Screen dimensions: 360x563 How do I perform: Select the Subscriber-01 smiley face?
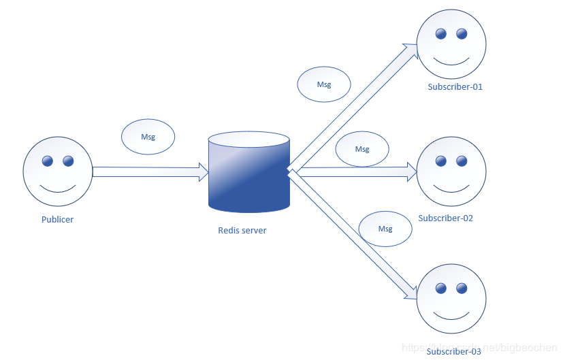coord(451,44)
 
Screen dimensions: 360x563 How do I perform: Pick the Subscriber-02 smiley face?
coord(451,171)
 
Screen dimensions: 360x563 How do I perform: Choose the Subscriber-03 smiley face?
coord(451,298)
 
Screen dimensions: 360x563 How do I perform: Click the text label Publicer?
coord(57,220)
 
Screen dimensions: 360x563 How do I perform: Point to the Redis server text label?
coord(242,231)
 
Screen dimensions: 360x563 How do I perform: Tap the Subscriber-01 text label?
coord(455,87)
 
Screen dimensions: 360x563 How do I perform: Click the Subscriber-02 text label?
coord(446,218)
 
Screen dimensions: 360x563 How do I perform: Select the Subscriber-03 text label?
coord(454,351)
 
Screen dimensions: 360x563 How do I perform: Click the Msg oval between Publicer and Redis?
coord(148,137)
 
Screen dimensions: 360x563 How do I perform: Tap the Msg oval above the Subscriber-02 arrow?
coord(362,149)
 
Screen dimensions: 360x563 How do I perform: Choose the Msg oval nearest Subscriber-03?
coord(385,229)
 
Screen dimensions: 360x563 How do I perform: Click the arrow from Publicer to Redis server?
coord(150,171)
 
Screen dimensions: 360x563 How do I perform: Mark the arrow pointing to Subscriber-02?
coord(354,172)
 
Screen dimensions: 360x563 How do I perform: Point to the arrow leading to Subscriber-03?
coord(354,235)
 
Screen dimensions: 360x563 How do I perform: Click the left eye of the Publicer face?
coord(47,161)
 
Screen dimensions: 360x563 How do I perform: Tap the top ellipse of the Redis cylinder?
coord(249,140)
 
